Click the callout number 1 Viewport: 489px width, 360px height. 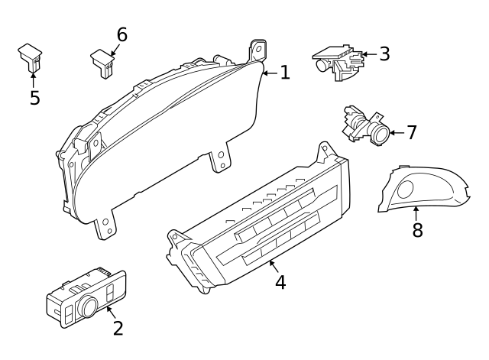[x=284, y=73]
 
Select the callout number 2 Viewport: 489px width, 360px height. [x=118, y=328]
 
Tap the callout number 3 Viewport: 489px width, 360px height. [x=384, y=54]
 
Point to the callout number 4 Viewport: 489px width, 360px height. [x=280, y=282]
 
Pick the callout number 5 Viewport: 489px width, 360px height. [x=34, y=99]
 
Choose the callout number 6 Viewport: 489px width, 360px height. [x=121, y=34]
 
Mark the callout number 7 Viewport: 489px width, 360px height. [x=412, y=132]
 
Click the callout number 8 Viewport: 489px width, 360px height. [x=417, y=230]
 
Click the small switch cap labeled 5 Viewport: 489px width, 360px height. [x=31, y=55]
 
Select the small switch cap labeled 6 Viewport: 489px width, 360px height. [x=102, y=61]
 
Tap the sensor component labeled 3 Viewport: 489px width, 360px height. [x=338, y=61]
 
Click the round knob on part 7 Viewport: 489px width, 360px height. [x=379, y=134]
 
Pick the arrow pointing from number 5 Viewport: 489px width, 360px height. [x=34, y=79]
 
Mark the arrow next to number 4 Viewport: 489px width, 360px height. [x=271, y=266]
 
